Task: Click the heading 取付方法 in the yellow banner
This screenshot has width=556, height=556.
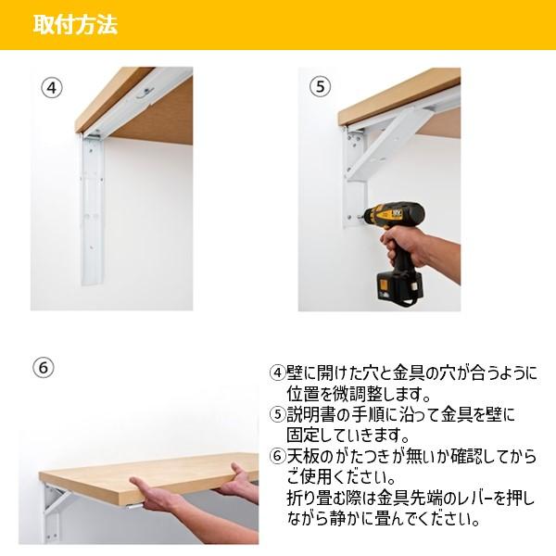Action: [75, 25]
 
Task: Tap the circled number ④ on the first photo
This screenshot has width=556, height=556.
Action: [52, 88]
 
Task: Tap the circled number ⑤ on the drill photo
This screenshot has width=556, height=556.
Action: [320, 87]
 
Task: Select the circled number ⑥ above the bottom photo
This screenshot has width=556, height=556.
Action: [44, 367]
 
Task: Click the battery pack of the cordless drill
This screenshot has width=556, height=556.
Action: [399, 287]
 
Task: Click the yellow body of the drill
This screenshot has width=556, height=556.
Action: [385, 214]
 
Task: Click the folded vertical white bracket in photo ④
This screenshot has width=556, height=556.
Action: [93, 209]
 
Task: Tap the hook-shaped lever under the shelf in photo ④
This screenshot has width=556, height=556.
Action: [145, 92]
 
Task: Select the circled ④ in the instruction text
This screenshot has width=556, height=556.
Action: [278, 373]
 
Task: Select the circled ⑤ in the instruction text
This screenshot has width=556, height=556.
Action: [278, 414]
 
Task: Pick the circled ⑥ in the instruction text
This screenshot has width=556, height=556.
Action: [278, 456]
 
